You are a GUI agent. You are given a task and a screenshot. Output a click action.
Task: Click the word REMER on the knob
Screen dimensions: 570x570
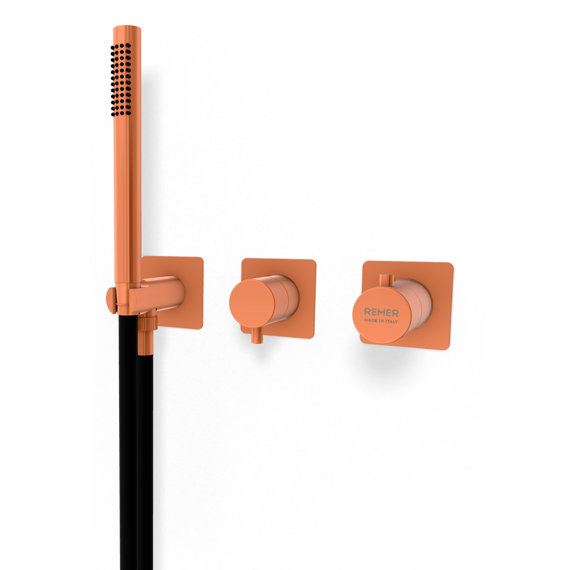click(381, 313)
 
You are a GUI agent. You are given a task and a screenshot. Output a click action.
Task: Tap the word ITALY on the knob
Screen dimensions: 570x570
click(392, 321)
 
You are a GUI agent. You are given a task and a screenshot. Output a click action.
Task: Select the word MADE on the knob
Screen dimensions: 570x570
click(370, 320)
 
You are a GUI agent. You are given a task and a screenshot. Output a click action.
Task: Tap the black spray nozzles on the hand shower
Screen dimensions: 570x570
click(121, 80)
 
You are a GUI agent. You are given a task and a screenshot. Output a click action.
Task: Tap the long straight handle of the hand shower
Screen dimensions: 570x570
click(127, 192)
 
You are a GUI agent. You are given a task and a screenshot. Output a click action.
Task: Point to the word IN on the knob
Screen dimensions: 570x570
click(381, 321)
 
